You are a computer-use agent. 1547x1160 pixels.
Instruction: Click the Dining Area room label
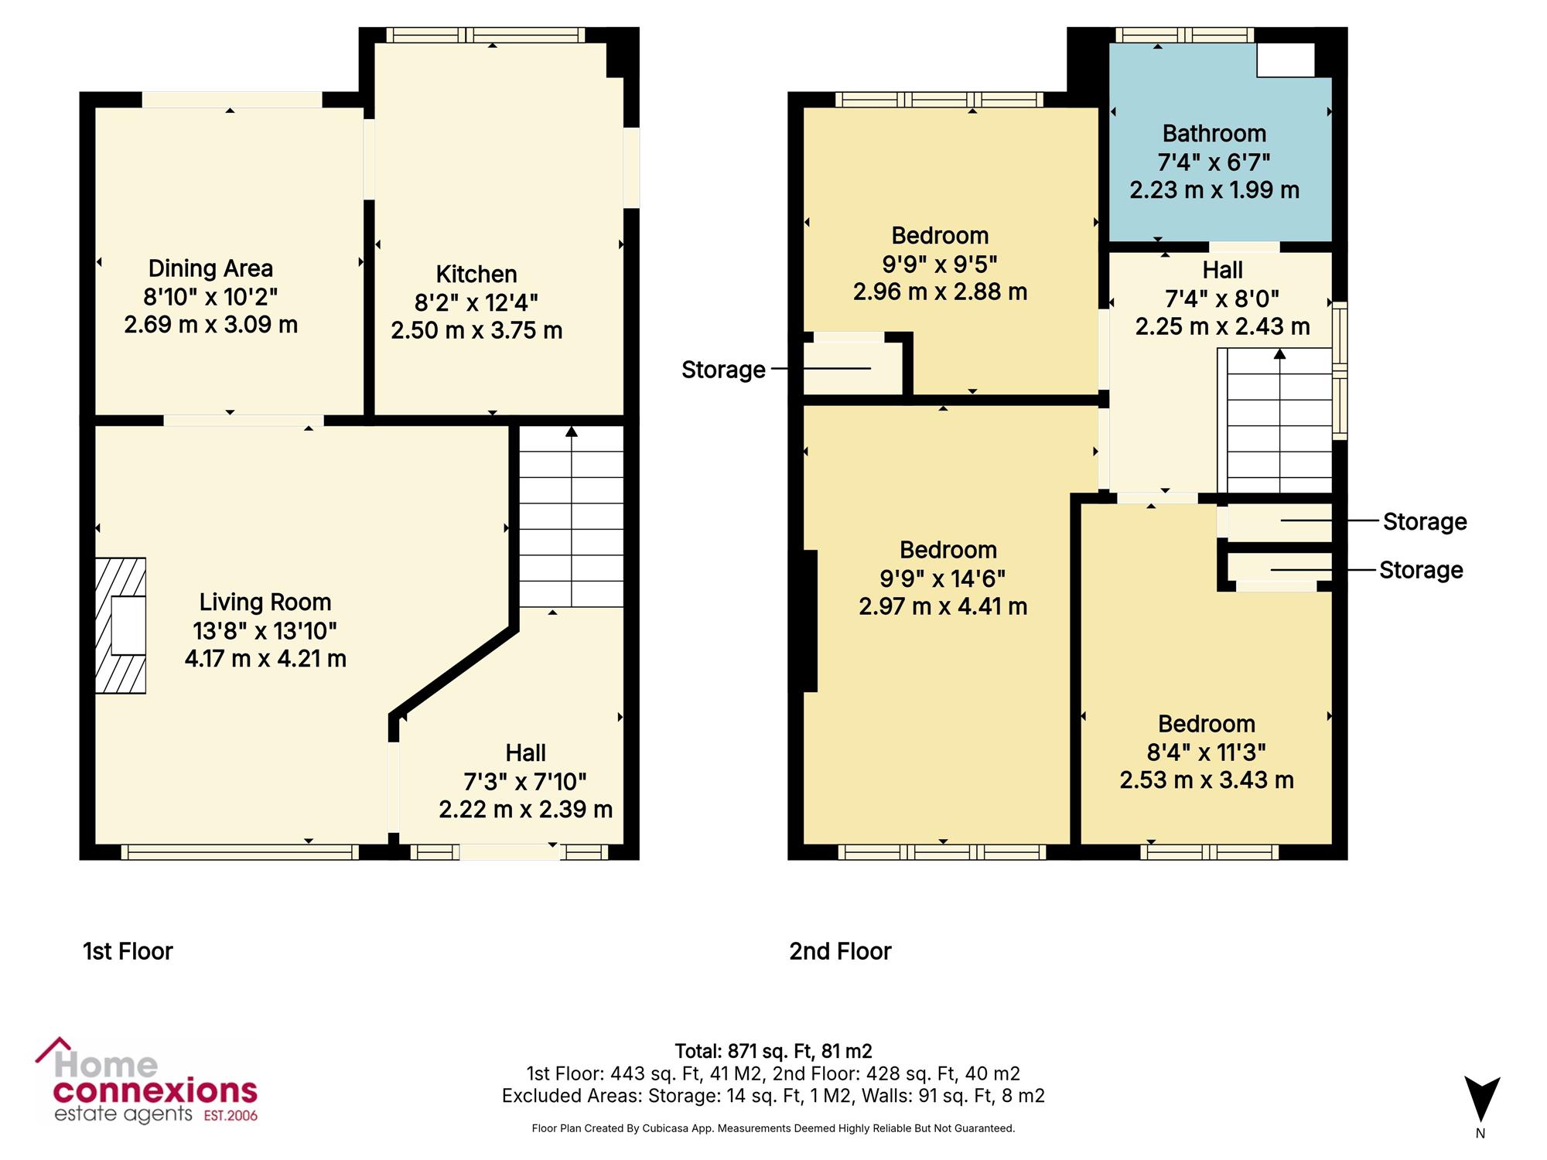tap(210, 268)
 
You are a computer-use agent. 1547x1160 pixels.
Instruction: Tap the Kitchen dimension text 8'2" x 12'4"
tap(476, 302)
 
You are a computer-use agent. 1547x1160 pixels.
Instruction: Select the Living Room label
tap(265, 602)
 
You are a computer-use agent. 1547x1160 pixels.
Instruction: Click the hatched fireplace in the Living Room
tap(121, 625)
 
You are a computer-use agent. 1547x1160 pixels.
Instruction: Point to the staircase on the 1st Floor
tap(571, 517)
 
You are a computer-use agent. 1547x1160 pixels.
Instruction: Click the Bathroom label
tap(1214, 133)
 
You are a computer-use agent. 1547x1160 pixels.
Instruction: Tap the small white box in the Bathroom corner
tap(1286, 60)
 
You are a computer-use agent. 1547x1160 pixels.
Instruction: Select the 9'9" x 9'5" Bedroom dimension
tap(940, 264)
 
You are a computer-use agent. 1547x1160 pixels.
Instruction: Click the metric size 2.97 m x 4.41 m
tap(943, 606)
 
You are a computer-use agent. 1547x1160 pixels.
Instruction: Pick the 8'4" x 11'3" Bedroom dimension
tap(1207, 752)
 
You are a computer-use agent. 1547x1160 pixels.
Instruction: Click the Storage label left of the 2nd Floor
tap(723, 370)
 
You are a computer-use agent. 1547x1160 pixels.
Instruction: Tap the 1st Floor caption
tap(128, 950)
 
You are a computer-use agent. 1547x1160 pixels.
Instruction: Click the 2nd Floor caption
tap(840, 950)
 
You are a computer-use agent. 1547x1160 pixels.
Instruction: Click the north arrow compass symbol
tap(1481, 1099)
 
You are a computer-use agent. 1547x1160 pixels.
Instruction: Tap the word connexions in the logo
tap(155, 1091)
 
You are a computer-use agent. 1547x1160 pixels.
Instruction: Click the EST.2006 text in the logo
tap(231, 1115)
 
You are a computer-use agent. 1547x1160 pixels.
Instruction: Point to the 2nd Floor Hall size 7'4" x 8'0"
tap(1222, 298)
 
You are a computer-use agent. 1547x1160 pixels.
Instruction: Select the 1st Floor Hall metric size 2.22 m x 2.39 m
tap(526, 809)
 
